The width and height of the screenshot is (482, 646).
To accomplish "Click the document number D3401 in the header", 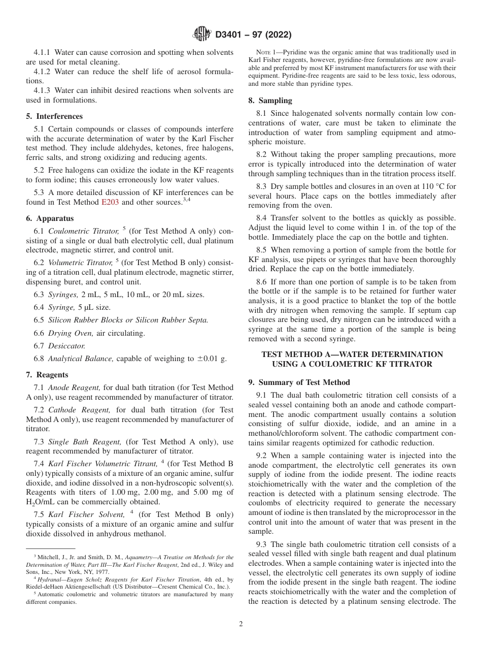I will [x=231, y=35].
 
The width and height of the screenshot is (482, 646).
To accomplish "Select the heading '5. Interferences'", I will [x=54, y=116].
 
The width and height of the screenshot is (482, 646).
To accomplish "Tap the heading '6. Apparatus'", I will [x=50, y=218].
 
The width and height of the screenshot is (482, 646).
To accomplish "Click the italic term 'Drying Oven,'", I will [x=67, y=333].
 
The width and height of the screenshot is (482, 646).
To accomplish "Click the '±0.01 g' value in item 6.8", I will [x=211, y=359].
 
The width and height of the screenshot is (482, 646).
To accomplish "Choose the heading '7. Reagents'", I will [x=47, y=375].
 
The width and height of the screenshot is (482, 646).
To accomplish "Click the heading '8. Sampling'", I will [x=270, y=101].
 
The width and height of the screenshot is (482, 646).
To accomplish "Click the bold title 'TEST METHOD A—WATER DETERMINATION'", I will [x=352, y=354].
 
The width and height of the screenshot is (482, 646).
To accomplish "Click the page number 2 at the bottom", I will [x=241, y=624].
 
